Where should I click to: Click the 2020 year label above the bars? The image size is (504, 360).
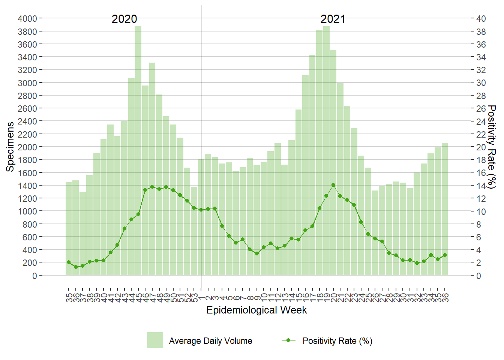tap(124, 19)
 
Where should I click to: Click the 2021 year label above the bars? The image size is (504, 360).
tap(333, 19)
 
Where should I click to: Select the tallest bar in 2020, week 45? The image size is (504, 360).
tap(138, 150)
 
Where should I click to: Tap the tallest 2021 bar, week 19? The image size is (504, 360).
tap(326, 150)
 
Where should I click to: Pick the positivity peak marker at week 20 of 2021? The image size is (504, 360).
tap(333, 185)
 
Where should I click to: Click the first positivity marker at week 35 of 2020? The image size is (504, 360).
tap(69, 262)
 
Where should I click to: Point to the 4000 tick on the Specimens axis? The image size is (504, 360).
tap(27, 18)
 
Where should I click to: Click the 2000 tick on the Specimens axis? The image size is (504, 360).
tap(27, 147)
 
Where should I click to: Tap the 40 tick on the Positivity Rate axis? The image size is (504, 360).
tap(481, 18)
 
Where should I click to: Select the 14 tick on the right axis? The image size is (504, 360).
tap(481, 186)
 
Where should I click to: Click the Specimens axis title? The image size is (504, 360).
tap(10, 147)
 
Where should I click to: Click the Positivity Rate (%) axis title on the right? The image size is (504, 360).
tap(492, 147)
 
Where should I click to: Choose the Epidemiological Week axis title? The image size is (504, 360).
tap(256, 310)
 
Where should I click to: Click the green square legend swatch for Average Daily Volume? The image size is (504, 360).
tap(155, 340)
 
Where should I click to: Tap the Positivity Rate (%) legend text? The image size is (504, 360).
tap(337, 341)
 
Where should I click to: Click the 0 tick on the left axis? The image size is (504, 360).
tap(35, 276)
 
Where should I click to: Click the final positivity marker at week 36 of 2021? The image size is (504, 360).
tap(445, 255)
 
